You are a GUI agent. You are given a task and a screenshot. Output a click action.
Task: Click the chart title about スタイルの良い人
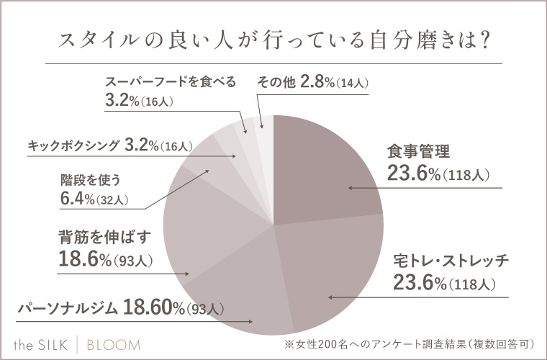(273, 41)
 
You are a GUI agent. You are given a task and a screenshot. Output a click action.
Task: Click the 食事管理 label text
(418, 152)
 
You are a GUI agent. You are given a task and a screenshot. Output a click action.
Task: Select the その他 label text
(276, 82)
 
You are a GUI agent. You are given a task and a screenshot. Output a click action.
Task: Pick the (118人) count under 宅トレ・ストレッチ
(471, 284)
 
